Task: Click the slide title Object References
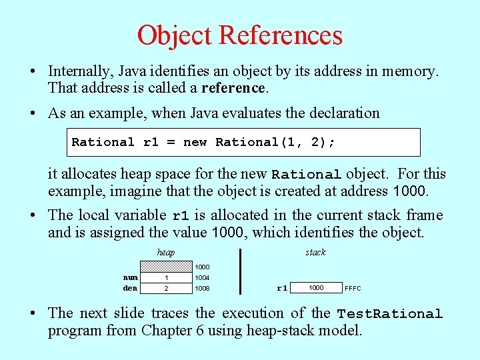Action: tap(240, 35)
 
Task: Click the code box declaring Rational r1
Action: tap(246, 142)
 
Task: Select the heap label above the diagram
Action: tap(166, 252)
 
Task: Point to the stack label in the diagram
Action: tap(315, 252)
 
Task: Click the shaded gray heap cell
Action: tap(166, 267)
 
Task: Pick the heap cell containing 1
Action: tap(166, 277)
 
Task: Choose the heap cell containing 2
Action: tap(166, 288)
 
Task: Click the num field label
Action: tap(131, 277)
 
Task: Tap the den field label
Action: tap(131, 288)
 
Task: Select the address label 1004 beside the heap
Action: tap(202, 277)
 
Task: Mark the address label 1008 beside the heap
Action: tap(202, 288)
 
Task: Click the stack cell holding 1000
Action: tap(317, 288)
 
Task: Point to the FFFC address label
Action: tap(353, 289)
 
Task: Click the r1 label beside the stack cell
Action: tap(282, 289)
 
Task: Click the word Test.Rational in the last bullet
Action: tap(389, 314)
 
